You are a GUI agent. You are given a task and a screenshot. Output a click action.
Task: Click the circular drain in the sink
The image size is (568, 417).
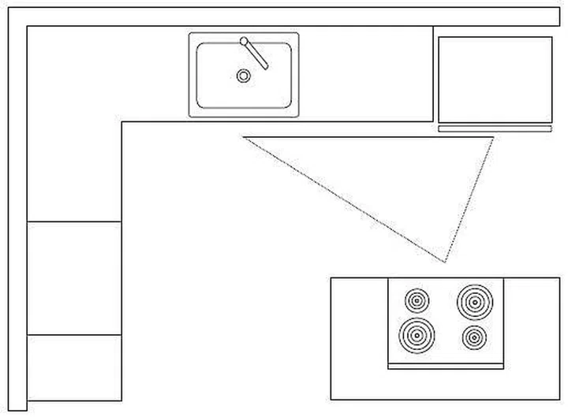pyautogui.click(x=244, y=76)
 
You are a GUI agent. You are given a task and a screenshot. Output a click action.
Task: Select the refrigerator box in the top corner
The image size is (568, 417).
pyautogui.click(x=495, y=80)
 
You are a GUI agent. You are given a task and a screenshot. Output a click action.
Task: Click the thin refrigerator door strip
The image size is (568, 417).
pyautogui.click(x=495, y=128)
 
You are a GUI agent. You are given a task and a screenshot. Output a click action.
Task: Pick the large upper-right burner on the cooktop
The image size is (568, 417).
pyautogui.click(x=473, y=300)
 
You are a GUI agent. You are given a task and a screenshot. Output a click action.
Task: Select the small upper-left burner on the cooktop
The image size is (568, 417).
pyautogui.click(x=417, y=300)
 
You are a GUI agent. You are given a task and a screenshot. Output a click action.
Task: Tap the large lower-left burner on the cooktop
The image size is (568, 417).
pyautogui.click(x=416, y=335)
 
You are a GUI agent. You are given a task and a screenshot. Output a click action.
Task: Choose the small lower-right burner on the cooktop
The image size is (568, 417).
pyautogui.click(x=474, y=337)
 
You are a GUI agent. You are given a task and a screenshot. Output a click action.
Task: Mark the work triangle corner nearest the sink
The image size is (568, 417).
pyautogui.click(x=245, y=138)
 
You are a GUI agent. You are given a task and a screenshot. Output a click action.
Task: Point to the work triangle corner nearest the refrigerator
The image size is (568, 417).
pyautogui.click(x=493, y=138)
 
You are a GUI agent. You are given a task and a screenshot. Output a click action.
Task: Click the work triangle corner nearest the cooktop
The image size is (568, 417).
pyautogui.click(x=446, y=261)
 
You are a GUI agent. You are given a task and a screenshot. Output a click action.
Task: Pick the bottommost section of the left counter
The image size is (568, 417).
pyautogui.click(x=74, y=367)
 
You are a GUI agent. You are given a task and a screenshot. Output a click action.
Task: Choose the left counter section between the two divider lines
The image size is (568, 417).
pyautogui.click(x=74, y=278)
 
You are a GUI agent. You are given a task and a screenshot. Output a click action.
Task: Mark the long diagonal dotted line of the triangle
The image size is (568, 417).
pyautogui.click(x=345, y=199)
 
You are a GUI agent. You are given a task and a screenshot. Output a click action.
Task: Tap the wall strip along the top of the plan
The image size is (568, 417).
pyautogui.click(x=284, y=17)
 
